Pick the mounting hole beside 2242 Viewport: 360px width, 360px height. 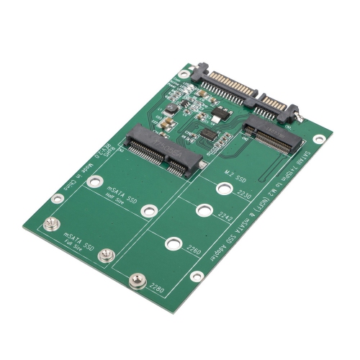click(204, 211)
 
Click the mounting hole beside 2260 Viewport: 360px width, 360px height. click(173, 243)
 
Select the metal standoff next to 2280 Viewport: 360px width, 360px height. click(135, 280)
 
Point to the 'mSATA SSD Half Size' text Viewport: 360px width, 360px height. click(122, 197)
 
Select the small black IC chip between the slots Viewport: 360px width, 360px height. click(209, 135)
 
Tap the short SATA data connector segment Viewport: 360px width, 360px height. click(275, 107)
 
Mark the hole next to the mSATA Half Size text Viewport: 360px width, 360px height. click(148, 211)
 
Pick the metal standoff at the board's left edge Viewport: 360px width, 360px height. click(51, 225)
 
